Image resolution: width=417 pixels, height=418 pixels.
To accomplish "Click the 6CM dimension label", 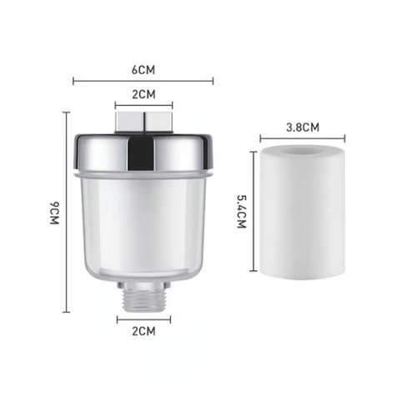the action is (143, 70).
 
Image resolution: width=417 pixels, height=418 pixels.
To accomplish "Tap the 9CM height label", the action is (55, 213).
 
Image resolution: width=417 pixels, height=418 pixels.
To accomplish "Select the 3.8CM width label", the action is (303, 128).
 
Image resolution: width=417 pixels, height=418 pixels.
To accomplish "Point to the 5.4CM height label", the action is (242, 212).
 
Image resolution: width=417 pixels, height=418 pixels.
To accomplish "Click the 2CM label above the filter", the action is (143, 94).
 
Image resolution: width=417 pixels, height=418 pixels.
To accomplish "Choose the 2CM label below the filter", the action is (143, 331).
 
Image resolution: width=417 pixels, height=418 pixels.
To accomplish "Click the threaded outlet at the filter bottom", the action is (143, 300).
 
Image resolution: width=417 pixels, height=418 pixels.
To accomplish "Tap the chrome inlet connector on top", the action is (143, 122).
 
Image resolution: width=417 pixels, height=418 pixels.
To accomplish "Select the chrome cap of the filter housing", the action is (144, 153).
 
